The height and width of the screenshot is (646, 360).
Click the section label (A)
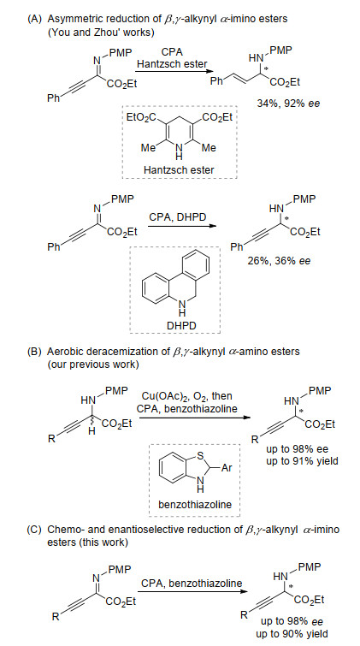(34, 19)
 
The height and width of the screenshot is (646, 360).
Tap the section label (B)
(34, 352)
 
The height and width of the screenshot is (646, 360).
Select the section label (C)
(34, 530)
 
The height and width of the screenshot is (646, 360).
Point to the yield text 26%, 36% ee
(279, 260)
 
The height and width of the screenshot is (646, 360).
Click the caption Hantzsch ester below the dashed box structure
(179, 169)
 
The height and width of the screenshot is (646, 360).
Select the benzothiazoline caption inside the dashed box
(194, 504)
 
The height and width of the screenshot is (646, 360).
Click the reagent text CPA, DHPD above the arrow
(178, 216)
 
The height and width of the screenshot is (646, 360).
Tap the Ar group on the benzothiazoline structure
(227, 468)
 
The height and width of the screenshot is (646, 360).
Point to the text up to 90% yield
(292, 634)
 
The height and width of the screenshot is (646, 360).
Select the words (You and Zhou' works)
(101, 33)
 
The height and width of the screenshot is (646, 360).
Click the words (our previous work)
(89, 364)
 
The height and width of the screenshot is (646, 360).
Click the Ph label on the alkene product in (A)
(216, 80)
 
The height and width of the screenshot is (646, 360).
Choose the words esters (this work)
(88, 542)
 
